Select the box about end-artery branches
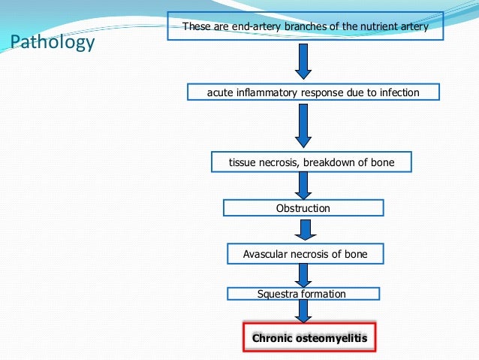(306, 27)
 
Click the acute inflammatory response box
(312, 92)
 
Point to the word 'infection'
(399, 92)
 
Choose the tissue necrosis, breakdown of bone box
(312, 162)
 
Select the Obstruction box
(303, 208)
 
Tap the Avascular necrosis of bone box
(305, 254)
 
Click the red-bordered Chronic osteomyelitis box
(309, 338)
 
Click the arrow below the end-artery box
(303, 61)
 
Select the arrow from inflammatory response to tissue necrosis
(303, 125)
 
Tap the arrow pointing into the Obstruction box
(303, 185)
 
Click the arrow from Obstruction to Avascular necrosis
(304, 230)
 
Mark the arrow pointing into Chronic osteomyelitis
(304, 311)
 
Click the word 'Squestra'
(276, 294)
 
